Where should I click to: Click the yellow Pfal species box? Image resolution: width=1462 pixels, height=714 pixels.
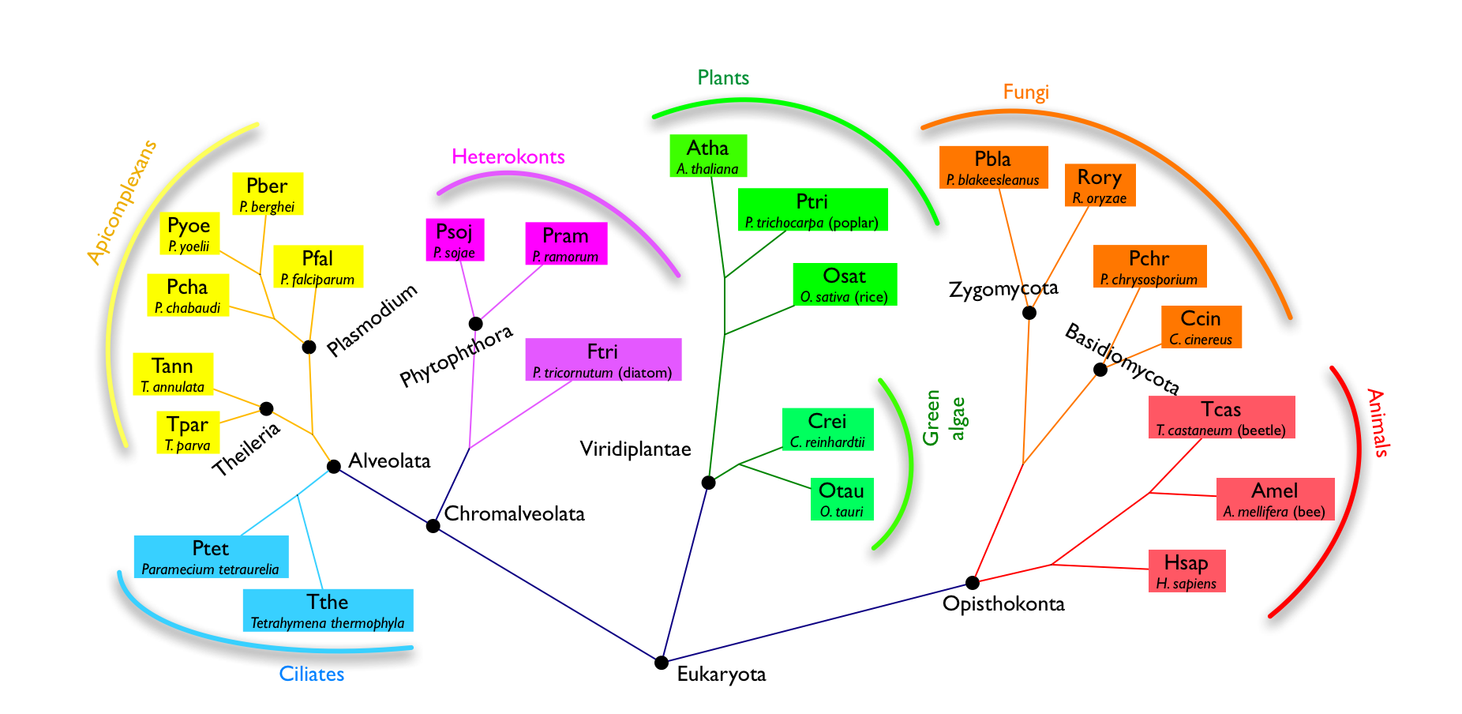[x=317, y=267]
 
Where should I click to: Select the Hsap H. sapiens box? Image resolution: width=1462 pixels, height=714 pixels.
[x=1186, y=571]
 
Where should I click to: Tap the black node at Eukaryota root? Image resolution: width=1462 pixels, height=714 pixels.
[x=662, y=663]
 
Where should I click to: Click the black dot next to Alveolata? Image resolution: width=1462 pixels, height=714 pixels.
[x=334, y=467]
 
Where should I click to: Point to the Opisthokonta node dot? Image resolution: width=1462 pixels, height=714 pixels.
[x=973, y=583]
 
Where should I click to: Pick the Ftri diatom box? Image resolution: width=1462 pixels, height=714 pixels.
[x=602, y=360]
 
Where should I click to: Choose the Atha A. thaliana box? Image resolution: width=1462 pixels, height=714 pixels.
[x=707, y=156]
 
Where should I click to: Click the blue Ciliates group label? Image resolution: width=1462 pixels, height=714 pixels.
[x=312, y=675]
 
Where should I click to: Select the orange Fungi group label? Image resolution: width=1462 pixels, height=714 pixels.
[x=1025, y=92]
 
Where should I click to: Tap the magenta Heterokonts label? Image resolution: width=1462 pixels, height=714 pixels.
[x=508, y=157]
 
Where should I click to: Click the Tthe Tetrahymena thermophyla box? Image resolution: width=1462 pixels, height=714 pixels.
[x=328, y=611]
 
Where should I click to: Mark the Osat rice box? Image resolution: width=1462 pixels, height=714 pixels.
[x=844, y=284]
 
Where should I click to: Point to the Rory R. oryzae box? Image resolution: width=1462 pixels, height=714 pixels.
[x=1100, y=186]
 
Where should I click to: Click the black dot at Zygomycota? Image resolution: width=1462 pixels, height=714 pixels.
[x=1029, y=313]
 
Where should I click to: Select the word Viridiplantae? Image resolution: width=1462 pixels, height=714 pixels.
[x=635, y=449]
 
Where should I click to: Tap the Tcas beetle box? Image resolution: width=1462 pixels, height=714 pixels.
[x=1221, y=418]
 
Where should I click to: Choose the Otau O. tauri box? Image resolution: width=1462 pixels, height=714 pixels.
[x=842, y=499]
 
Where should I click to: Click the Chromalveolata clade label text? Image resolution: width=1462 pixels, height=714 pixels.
[x=514, y=514]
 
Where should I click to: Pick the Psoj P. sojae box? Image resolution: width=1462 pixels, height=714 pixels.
[x=455, y=240]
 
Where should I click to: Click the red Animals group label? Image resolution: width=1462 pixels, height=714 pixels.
[x=1378, y=423]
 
